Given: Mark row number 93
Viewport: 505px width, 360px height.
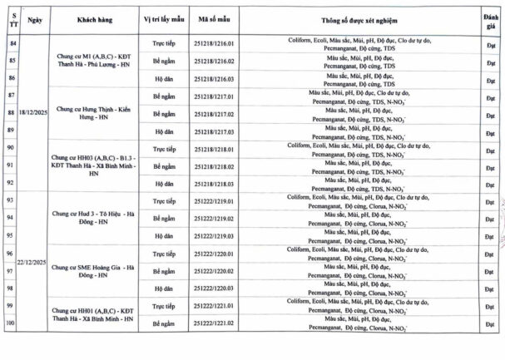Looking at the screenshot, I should pyautogui.click(x=12, y=200).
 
